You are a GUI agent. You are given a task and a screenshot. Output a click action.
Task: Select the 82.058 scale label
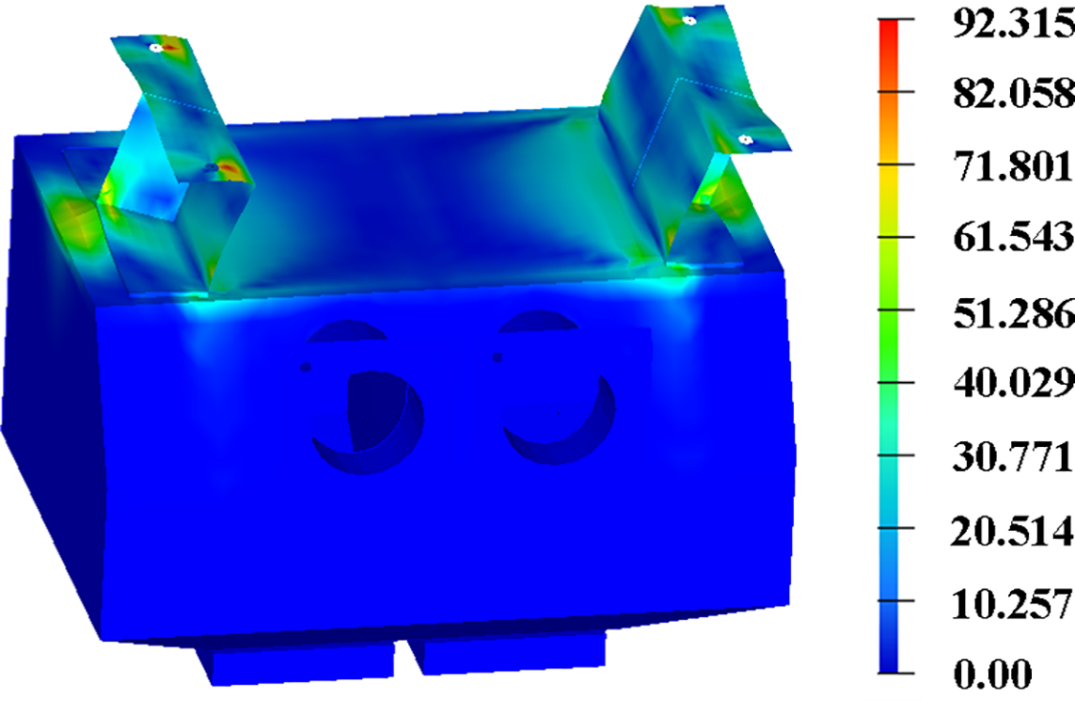click(x=1014, y=93)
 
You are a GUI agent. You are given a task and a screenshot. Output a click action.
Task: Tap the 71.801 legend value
click(x=1013, y=166)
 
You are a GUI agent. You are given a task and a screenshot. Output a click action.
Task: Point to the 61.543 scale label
click(x=1014, y=237)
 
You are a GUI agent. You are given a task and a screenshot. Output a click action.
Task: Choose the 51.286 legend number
click(x=1014, y=311)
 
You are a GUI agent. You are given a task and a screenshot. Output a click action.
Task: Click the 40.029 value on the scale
click(x=1014, y=382)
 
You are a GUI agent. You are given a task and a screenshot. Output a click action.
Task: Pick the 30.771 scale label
click(x=1013, y=456)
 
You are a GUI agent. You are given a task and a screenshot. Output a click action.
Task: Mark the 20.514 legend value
click(x=1012, y=530)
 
